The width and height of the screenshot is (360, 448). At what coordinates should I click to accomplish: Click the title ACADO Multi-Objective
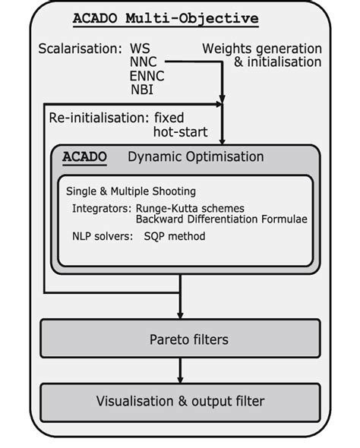pyautogui.click(x=165, y=18)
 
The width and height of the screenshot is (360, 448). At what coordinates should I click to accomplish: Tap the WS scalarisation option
pyautogui.click(x=141, y=49)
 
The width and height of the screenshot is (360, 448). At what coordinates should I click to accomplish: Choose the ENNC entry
pyautogui.click(x=147, y=77)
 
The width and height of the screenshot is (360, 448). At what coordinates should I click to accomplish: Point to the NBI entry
pyautogui.click(x=141, y=90)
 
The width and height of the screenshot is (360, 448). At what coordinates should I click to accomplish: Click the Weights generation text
pyautogui.click(x=261, y=49)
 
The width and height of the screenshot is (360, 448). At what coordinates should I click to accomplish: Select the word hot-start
pyautogui.click(x=178, y=131)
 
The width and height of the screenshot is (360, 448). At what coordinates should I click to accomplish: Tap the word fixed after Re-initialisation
pyautogui.click(x=169, y=118)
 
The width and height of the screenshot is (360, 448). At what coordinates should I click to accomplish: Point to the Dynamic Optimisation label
pyautogui.click(x=195, y=158)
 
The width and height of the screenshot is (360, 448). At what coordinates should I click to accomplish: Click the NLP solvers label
pyautogui.click(x=103, y=237)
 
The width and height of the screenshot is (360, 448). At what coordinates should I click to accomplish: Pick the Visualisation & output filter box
pyautogui.click(x=180, y=400)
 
